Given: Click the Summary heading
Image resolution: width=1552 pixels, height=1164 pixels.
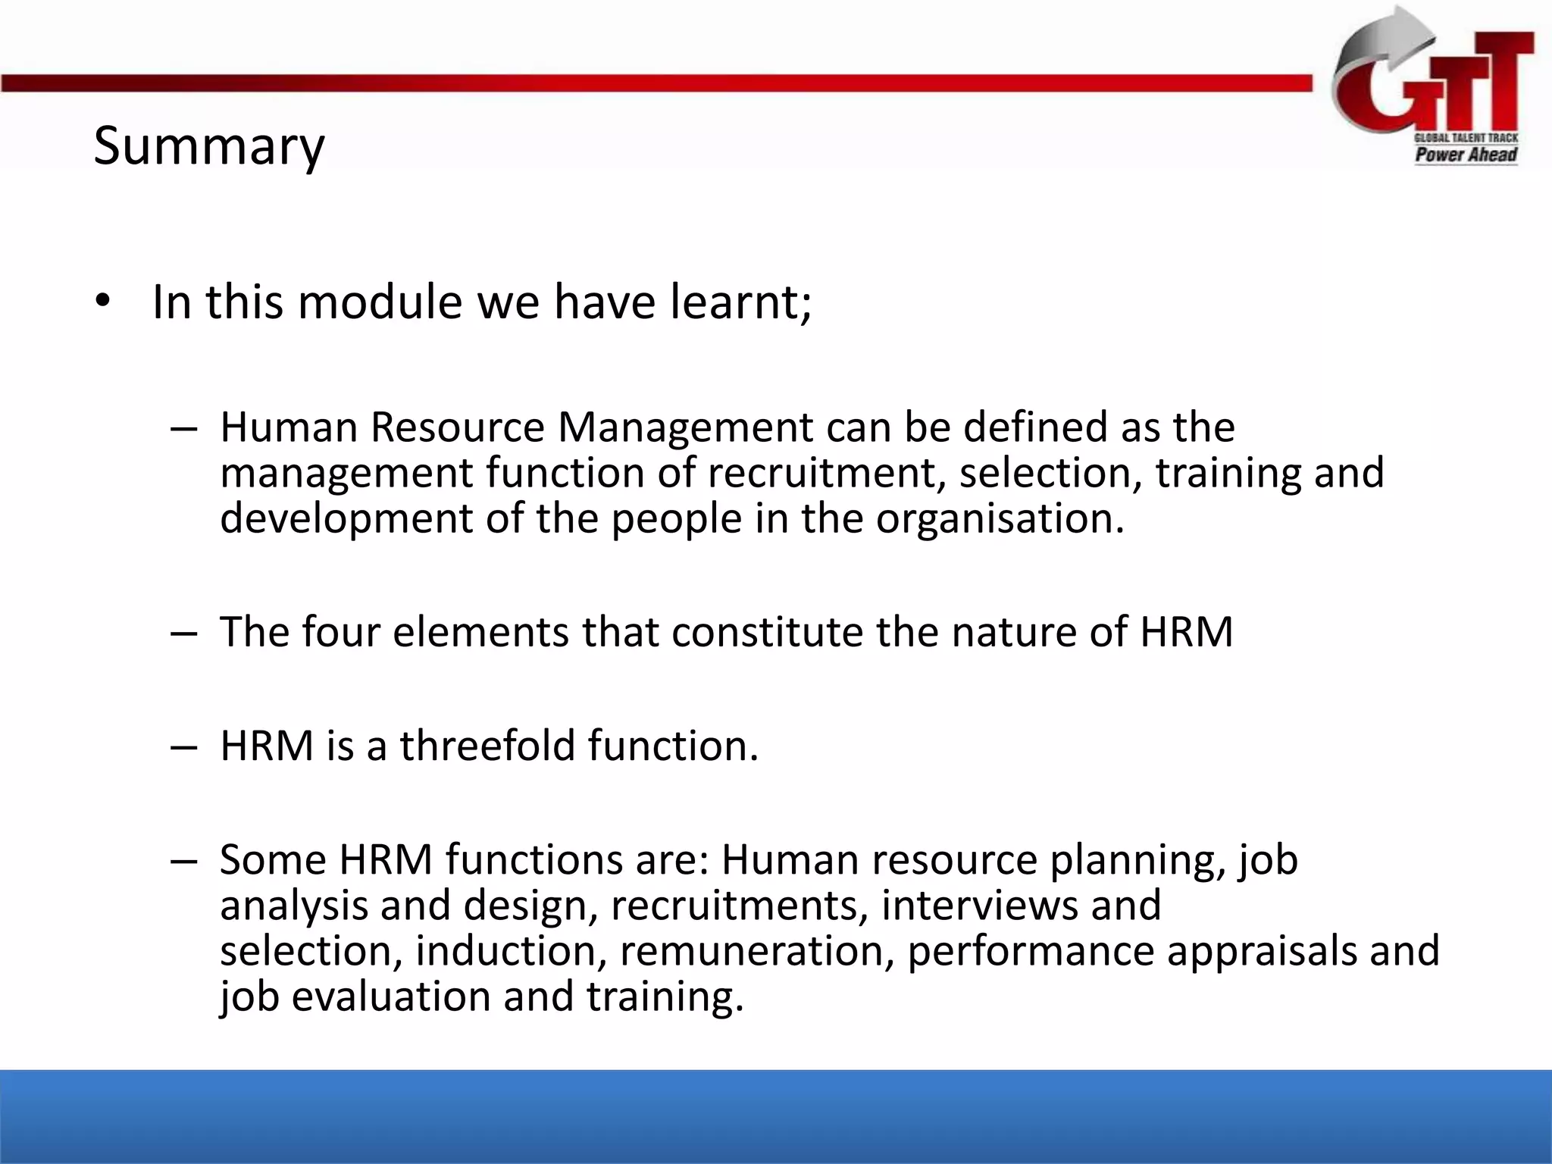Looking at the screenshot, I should [x=208, y=145].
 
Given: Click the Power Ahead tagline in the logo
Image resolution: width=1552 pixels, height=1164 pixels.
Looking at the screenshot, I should [x=1466, y=155].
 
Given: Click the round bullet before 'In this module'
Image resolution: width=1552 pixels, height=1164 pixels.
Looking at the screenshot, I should [x=103, y=302].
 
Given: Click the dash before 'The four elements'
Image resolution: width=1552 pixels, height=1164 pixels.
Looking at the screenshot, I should [x=184, y=632].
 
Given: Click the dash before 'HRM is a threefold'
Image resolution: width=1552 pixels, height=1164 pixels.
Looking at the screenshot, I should [x=184, y=746].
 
